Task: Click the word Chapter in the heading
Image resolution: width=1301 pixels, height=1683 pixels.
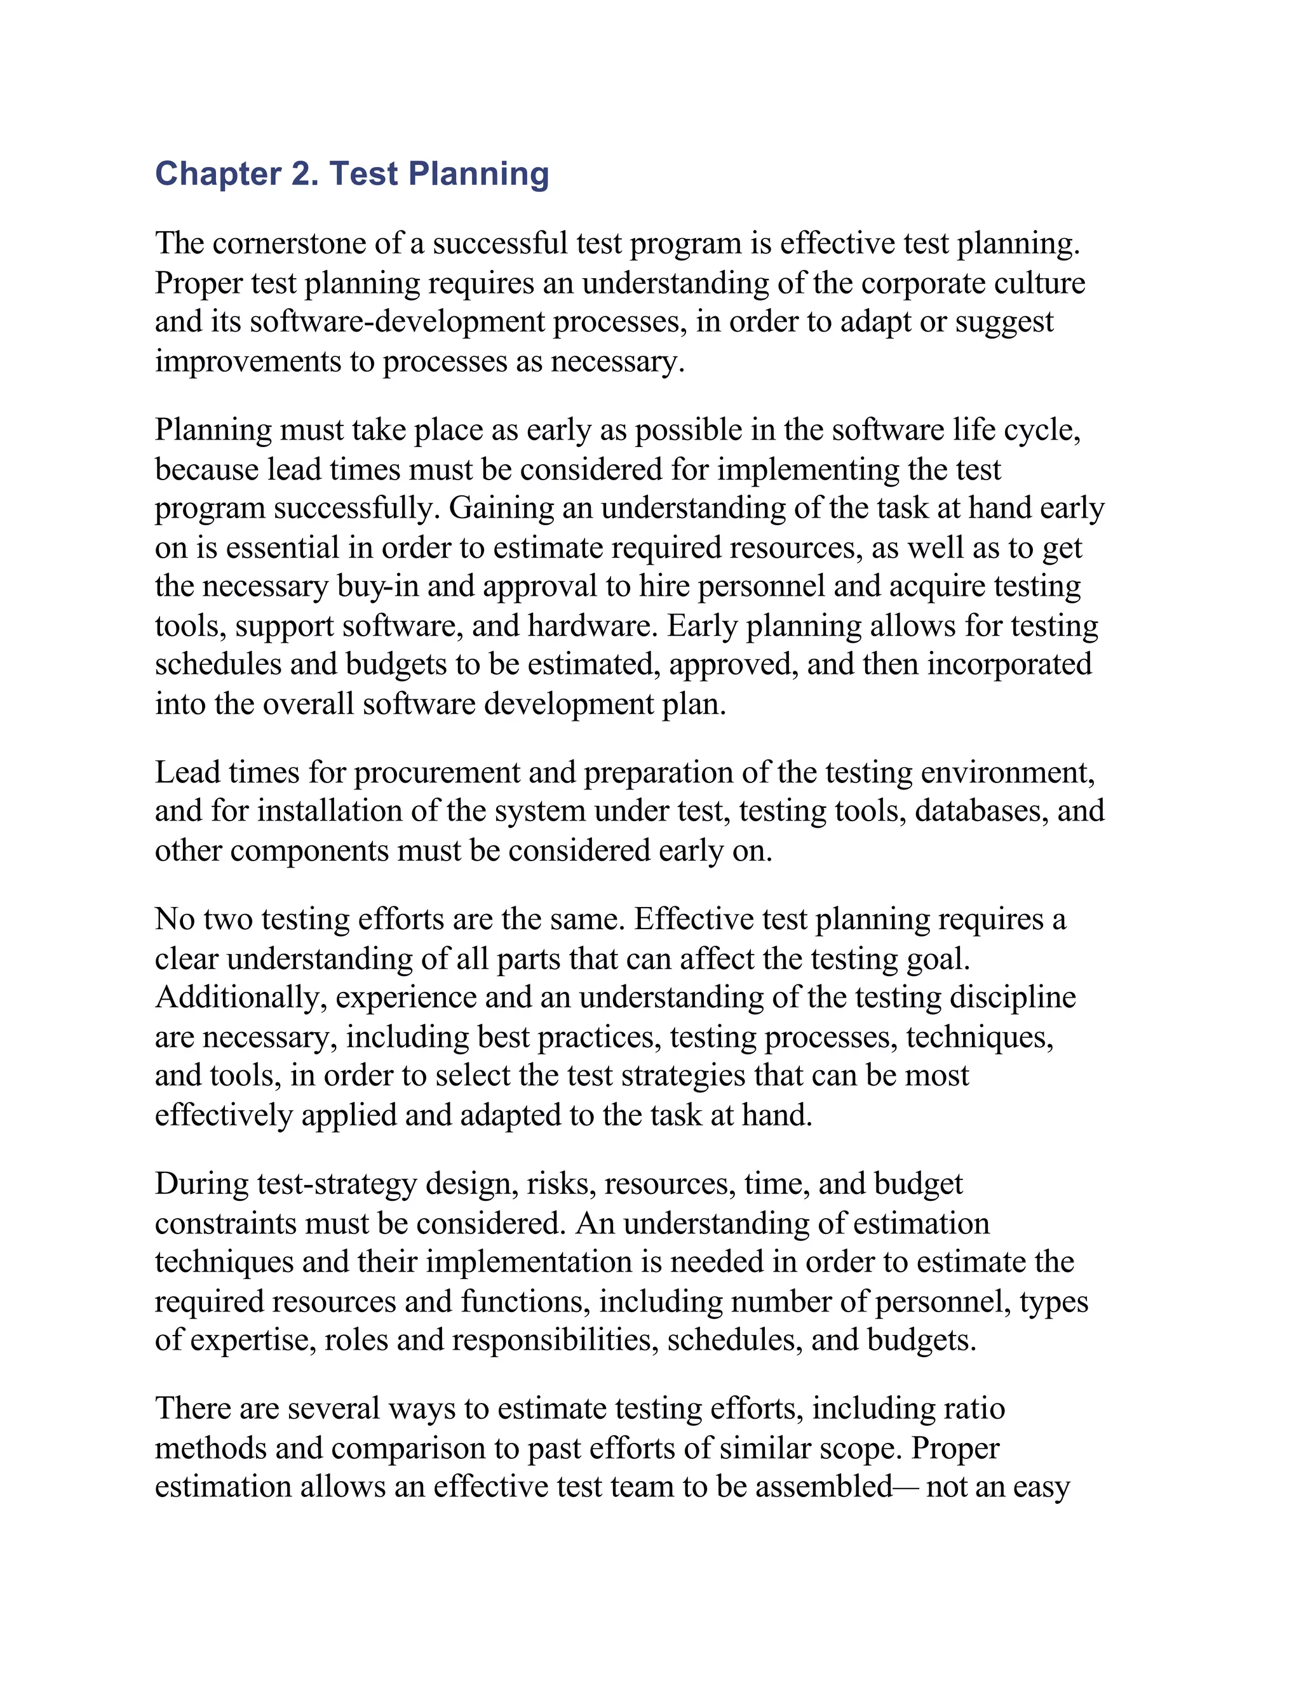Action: [218, 174]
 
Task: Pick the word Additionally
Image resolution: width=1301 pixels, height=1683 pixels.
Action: [242, 998]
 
